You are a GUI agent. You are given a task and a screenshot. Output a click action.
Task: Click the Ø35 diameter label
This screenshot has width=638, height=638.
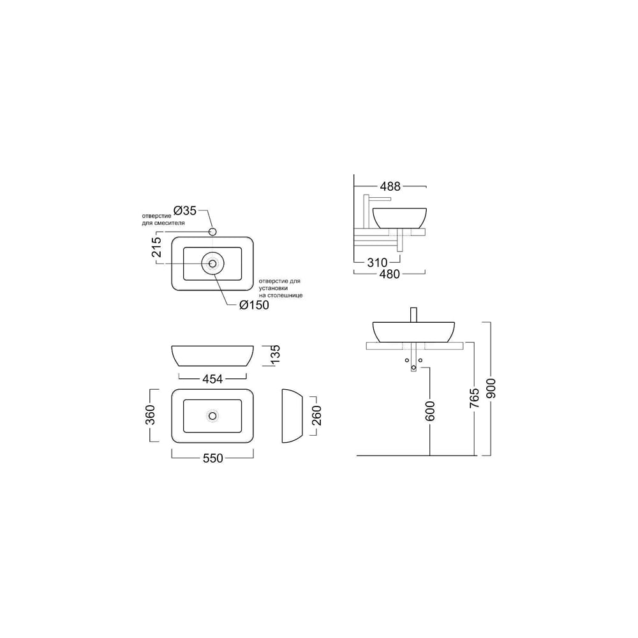point(185,211)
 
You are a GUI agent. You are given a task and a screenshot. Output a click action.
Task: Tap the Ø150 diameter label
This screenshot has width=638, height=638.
point(255,305)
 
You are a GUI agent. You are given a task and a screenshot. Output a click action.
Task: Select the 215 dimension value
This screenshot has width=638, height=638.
point(156,247)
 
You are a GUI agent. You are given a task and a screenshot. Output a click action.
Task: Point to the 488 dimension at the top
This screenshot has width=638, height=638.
point(390,186)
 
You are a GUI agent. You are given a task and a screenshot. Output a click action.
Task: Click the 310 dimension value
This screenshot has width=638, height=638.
point(377,262)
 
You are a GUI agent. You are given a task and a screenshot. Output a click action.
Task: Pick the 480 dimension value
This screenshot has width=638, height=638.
point(389,274)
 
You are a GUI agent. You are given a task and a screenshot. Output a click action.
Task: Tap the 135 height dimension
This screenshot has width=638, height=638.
point(275,355)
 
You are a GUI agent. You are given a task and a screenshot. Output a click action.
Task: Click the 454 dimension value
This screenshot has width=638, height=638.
point(212,379)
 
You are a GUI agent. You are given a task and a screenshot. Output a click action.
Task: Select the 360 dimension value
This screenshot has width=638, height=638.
point(150,415)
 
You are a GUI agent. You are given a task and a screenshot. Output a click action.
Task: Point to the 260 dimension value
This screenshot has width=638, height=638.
point(316,415)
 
